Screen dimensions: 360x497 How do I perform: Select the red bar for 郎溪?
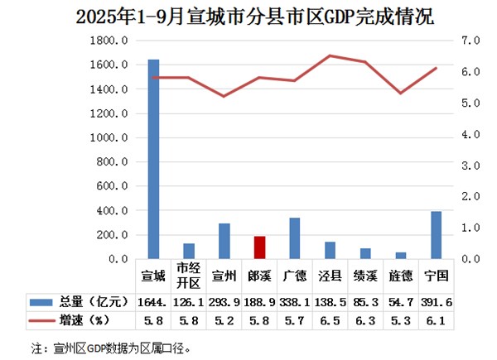(x=260, y=247)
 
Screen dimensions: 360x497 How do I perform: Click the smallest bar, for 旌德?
(x=401, y=256)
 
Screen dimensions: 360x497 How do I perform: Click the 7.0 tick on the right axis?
(x=470, y=40)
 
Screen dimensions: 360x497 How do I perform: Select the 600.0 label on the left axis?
(x=112, y=186)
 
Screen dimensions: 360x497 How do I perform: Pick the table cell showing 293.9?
(x=224, y=301)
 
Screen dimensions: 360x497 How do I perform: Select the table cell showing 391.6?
(x=436, y=301)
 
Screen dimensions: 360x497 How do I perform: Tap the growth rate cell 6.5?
(x=331, y=319)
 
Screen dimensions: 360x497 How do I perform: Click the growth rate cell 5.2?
(x=224, y=319)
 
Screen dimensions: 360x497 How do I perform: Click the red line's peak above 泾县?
(x=331, y=55)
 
